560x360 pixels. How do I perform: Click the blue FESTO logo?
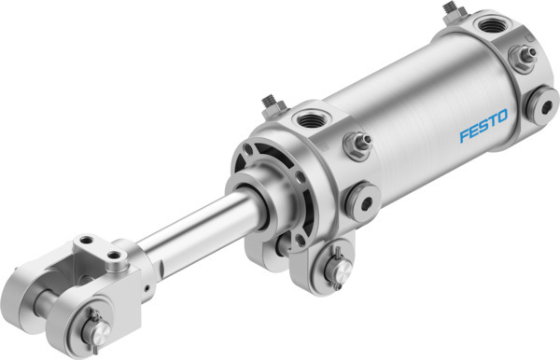point(483,127)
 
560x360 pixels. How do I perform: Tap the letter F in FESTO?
point(464,136)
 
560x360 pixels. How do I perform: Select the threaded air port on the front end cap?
point(307,119)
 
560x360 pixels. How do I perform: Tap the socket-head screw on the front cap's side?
point(359,198)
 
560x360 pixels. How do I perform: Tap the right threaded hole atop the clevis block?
point(117,254)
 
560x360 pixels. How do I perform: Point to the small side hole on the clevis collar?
point(150,277)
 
